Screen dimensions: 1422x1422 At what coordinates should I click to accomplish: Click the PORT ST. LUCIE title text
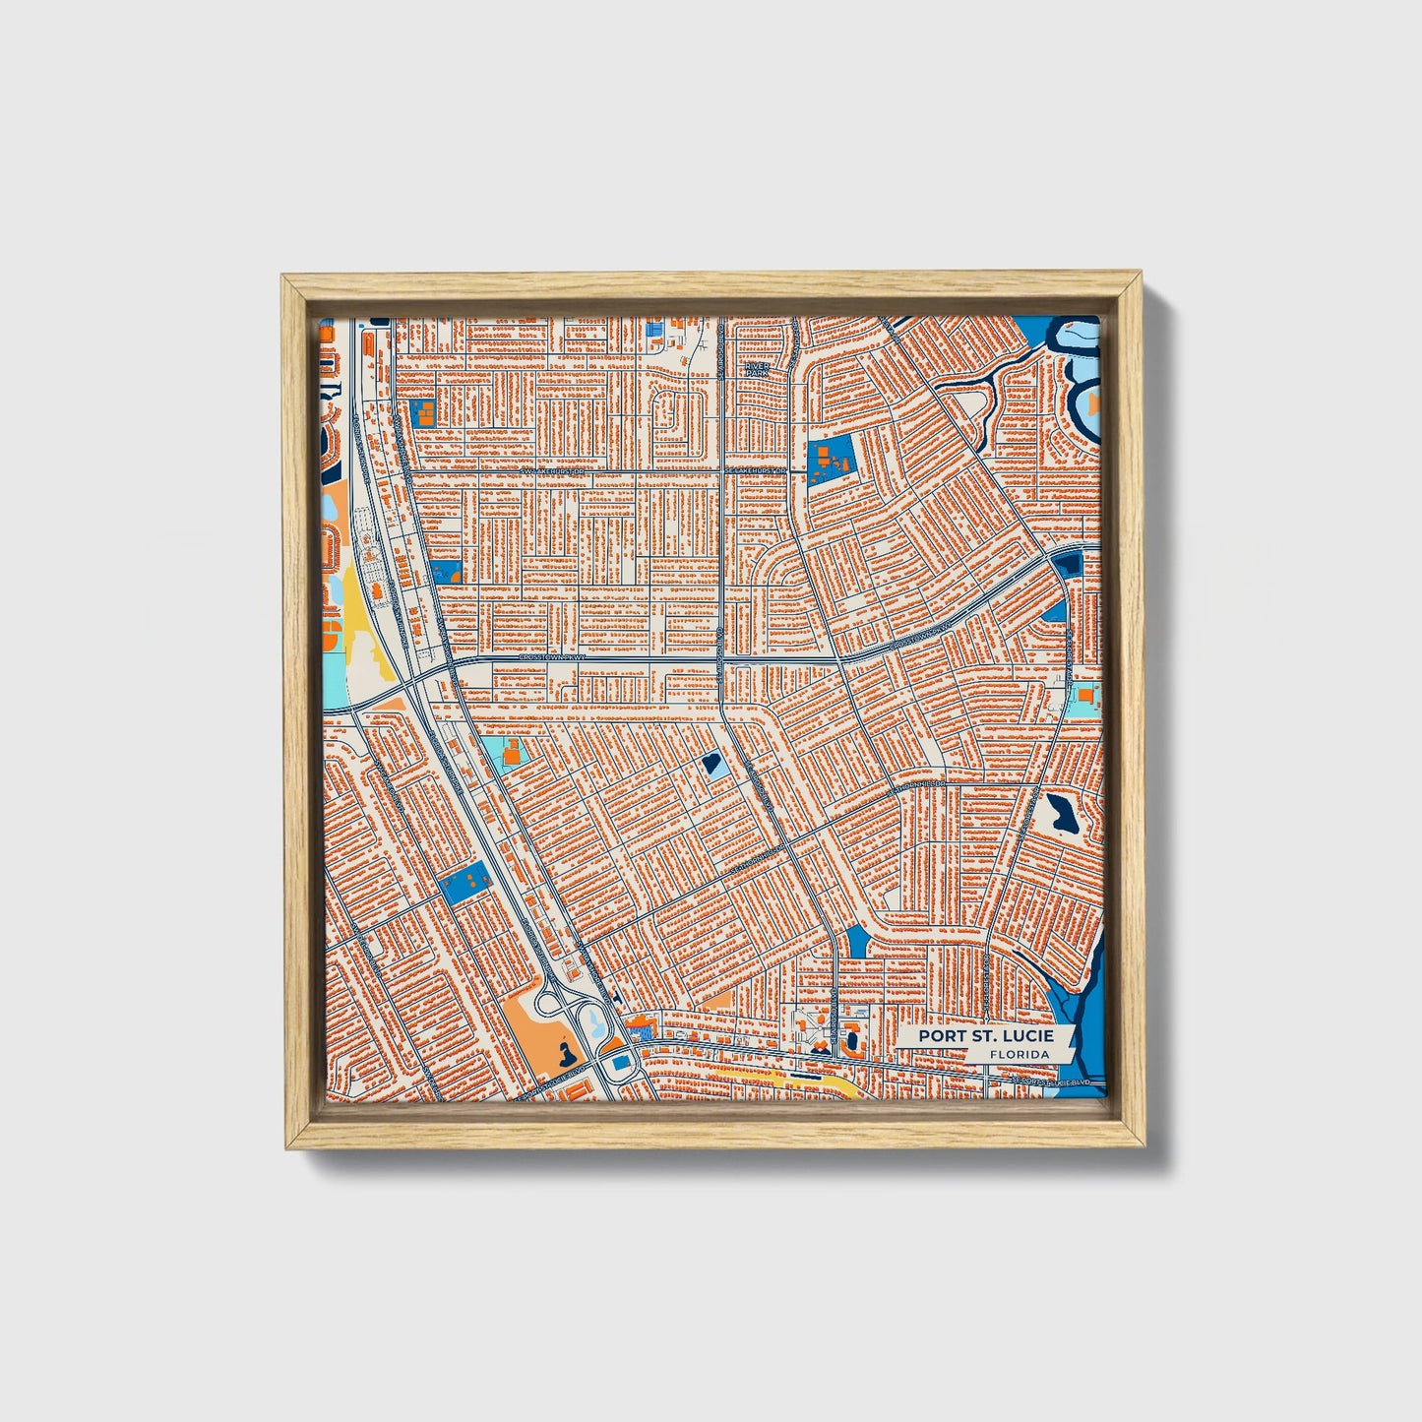pos(985,1036)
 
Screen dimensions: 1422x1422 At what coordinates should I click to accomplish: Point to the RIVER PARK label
pos(756,369)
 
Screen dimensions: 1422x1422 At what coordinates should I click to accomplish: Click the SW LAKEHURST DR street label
pos(552,471)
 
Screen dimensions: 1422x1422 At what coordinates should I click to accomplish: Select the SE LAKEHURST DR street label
pos(758,471)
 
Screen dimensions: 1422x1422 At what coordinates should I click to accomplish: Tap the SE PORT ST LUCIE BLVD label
pos(1053,1082)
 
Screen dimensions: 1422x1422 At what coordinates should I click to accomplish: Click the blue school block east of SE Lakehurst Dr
pos(830,461)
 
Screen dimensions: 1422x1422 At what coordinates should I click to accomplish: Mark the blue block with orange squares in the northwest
pos(424,413)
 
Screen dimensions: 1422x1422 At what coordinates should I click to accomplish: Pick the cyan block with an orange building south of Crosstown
pos(504,756)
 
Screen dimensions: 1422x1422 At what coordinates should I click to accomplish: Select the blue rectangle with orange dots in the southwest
pos(466,880)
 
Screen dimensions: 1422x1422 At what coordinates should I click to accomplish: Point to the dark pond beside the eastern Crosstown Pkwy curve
pos(1067,564)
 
